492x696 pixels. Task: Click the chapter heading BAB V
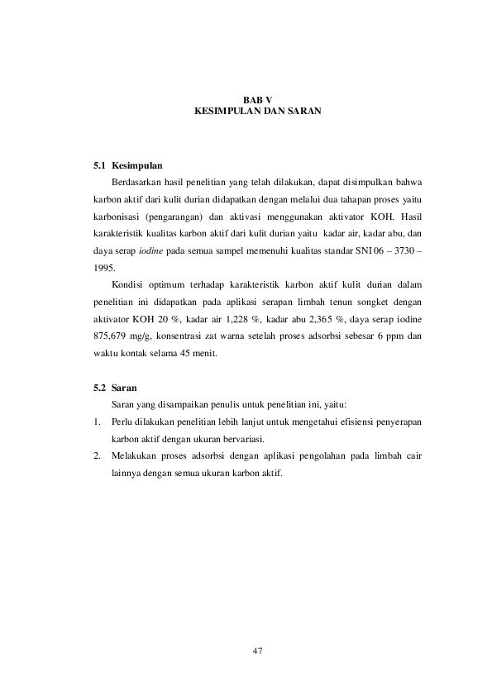tap(257, 98)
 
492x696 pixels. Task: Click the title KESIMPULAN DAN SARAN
tap(257, 109)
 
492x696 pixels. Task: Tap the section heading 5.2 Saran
tap(115, 387)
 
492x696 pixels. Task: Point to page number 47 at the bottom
tap(257, 651)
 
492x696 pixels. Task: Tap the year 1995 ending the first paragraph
tap(103, 268)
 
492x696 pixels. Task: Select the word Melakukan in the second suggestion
tap(136, 455)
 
